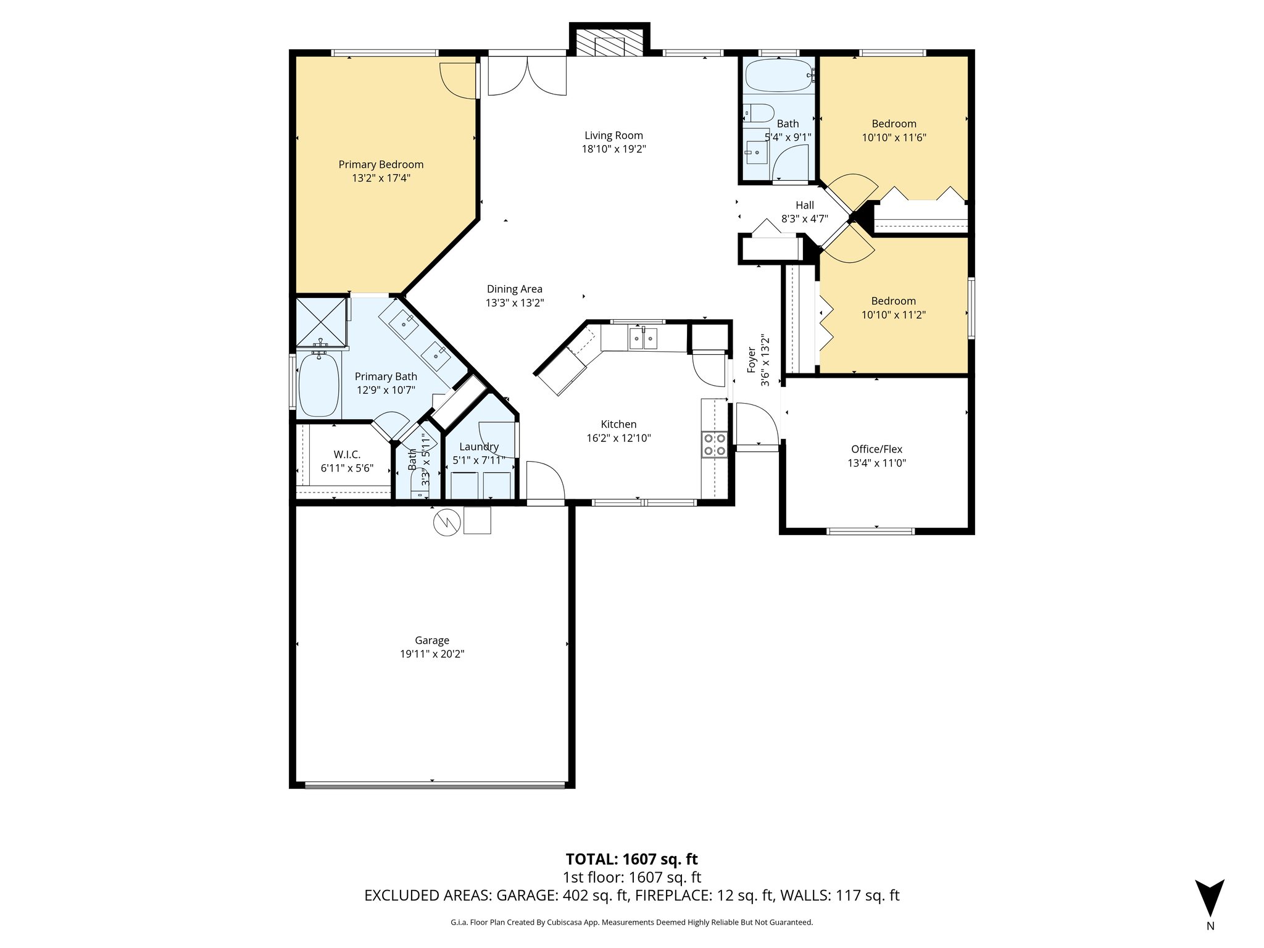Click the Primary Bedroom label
coord(381,164)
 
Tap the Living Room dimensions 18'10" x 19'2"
coord(613,149)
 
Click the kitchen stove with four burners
coord(714,444)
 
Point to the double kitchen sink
coord(642,339)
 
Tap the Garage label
coord(431,640)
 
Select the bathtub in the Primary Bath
coord(318,385)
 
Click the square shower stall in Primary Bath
coord(321,322)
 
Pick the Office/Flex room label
coord(876,449)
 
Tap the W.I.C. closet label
coord(347,454)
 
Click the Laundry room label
coord(479,447)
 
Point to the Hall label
coord(804,206)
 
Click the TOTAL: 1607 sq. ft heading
coord(631,859)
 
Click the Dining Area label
coord(514,289)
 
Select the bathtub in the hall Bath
coord(779,76)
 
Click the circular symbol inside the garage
coord(447,522)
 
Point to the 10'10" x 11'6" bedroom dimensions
coord(894,138)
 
